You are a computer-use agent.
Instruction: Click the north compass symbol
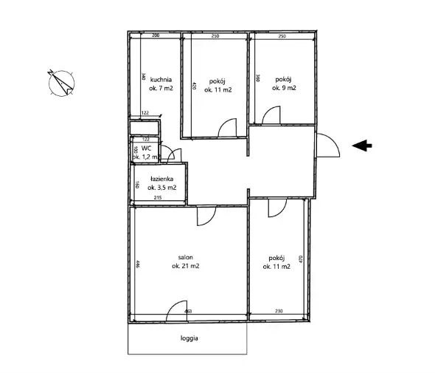(61, 83)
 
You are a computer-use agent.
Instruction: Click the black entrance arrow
(362, 146)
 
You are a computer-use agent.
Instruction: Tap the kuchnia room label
(161, 80)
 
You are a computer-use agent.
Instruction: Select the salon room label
(185, 257)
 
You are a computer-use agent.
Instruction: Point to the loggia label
(189, 338)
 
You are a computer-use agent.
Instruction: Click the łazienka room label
(161, 179)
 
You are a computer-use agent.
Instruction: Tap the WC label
(146, 148)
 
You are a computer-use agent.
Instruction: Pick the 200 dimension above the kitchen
(156, 35)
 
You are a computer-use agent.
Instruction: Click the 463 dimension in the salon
(188, 311)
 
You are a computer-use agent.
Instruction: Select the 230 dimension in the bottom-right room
(279, 311)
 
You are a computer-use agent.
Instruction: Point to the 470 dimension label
(301, 259)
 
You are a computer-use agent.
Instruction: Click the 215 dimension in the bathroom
(158, 198)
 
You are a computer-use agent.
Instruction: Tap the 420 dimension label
(194, 86)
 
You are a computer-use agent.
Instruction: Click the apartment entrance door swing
(333, 140)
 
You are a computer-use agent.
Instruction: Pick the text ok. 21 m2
(185, 266)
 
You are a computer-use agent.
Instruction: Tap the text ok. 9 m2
(284, 88)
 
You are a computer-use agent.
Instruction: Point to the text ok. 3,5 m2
(161, 188)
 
